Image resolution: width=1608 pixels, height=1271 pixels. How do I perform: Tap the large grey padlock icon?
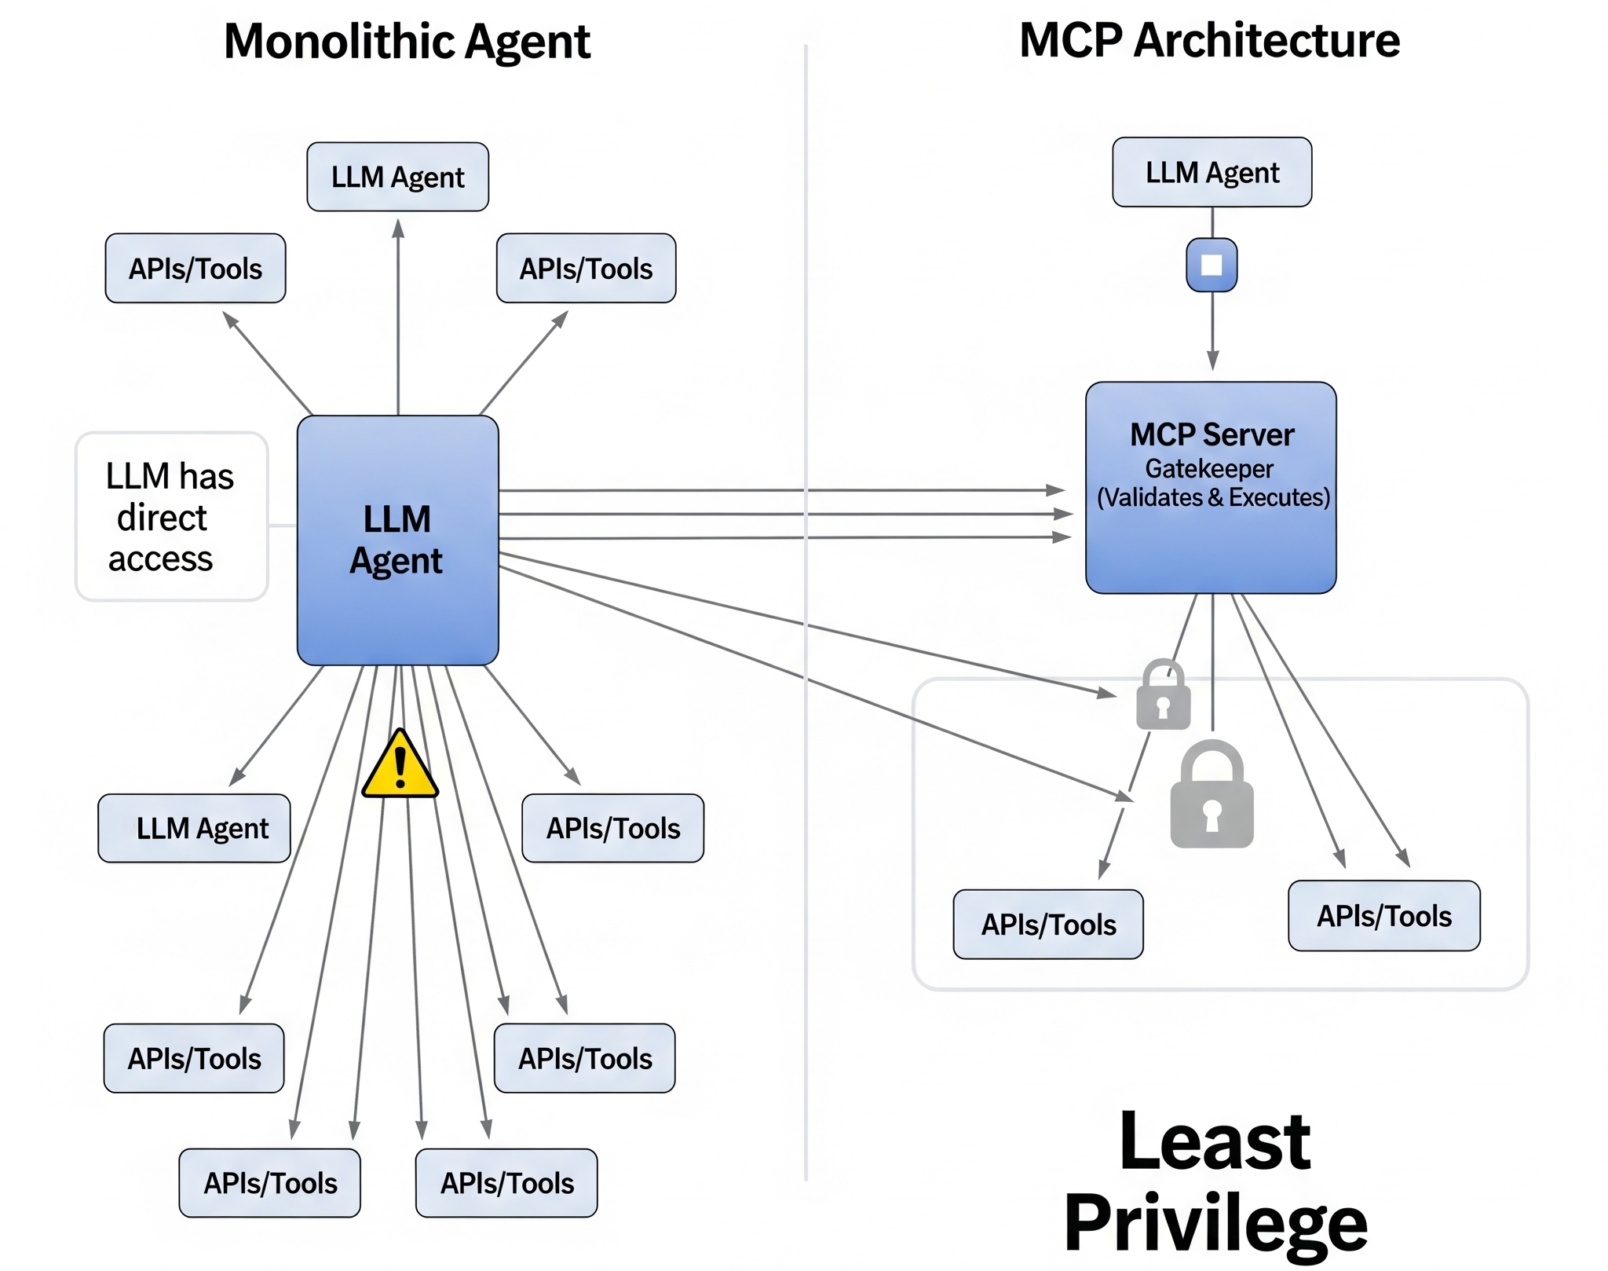pyautogui.click(x=1211, y=797)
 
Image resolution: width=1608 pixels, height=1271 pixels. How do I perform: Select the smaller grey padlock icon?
pyautogui.click(x=1163, y=696)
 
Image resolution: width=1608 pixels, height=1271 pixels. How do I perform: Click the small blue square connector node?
pyautogui.click(x=1211, y=265)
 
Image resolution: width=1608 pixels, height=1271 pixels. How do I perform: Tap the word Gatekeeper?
pyautogui.click(x=1209, y=468)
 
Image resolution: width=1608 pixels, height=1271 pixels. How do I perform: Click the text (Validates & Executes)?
pyautogui.click(x=1213, y=497)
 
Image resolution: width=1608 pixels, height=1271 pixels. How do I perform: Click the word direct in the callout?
pyautogui.click(x=162, y=518)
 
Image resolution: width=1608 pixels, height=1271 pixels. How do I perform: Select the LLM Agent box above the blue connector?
pyautogui.click(x=1211, y=172)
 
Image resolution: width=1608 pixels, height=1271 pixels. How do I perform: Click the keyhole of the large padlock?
pyautogui.click(x=1211, y=814)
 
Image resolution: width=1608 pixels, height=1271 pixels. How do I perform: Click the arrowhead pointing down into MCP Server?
pyautogui.click(x=1212, y=361)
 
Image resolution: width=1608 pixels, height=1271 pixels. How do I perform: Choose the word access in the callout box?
pyautogui.click(x=160, y=559)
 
